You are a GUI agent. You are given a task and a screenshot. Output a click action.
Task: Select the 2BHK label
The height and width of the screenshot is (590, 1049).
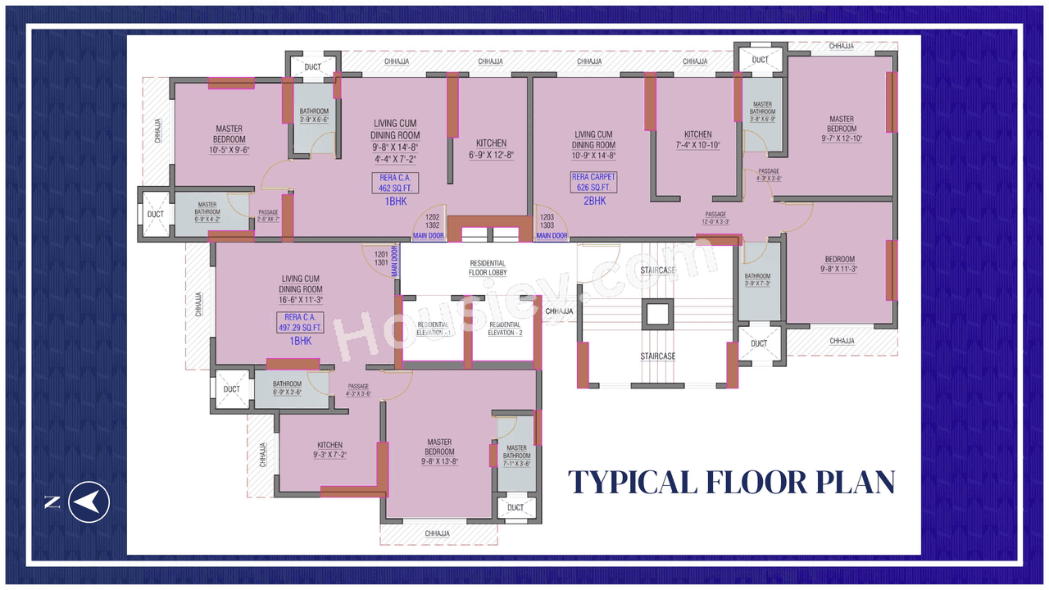coord(594,201)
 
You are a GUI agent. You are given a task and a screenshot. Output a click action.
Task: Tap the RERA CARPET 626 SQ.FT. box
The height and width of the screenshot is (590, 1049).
coord(594,182)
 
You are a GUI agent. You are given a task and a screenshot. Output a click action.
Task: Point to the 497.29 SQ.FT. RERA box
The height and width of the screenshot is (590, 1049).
coord(302,323)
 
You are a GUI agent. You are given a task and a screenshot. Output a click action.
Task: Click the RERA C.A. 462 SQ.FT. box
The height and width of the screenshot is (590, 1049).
coord(395,183)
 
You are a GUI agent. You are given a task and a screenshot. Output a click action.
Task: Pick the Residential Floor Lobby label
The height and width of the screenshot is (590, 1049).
coord(488,267)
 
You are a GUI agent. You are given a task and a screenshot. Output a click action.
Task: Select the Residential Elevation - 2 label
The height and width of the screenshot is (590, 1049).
coord(504,329)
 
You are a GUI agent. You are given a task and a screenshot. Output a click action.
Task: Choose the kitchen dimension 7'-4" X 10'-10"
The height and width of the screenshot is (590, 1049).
coord(697,145)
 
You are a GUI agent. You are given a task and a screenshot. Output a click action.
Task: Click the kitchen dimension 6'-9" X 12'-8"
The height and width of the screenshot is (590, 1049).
coord(491,154)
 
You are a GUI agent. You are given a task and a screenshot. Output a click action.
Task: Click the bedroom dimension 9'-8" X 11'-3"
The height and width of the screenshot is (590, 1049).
coord(840,269)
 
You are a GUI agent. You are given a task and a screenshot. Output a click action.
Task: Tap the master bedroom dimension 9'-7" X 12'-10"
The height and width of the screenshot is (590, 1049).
coord(841,138)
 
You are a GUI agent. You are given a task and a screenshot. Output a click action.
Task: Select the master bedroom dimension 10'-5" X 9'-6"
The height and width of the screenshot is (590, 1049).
coord(229,150)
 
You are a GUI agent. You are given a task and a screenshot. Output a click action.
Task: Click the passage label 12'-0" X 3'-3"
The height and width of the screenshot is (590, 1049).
coord(715,222)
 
